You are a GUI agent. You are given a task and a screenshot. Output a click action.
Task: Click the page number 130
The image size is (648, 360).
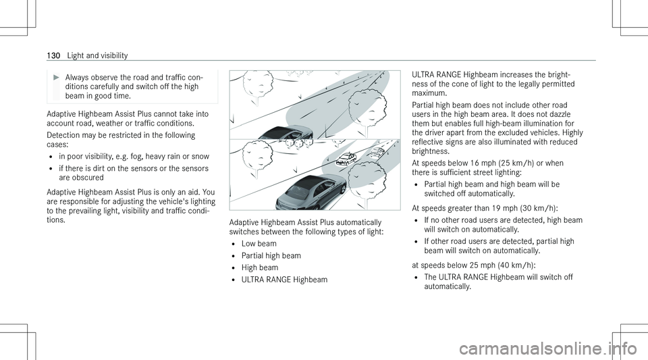coord(54,55)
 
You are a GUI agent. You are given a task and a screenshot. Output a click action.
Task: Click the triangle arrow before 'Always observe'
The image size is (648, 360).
coord(57,77)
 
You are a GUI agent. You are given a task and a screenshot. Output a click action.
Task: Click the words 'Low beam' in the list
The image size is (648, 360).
coord(259,244)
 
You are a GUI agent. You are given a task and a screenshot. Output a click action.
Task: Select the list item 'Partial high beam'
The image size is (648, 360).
coord(271,256)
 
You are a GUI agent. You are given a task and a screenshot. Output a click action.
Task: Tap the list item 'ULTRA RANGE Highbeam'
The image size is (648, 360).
coord(284,280)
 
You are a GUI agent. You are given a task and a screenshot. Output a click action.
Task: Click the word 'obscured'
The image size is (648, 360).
coord(87,178)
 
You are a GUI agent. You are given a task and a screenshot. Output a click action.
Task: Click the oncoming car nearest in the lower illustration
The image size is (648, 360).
coord(346,159)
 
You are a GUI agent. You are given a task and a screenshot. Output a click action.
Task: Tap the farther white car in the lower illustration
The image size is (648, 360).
coord(376,152)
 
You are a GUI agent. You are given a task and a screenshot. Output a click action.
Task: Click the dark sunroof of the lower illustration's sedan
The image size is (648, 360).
coord(312,182)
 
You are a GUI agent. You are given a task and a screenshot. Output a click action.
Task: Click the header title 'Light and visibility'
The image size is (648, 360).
coord(97,55)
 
